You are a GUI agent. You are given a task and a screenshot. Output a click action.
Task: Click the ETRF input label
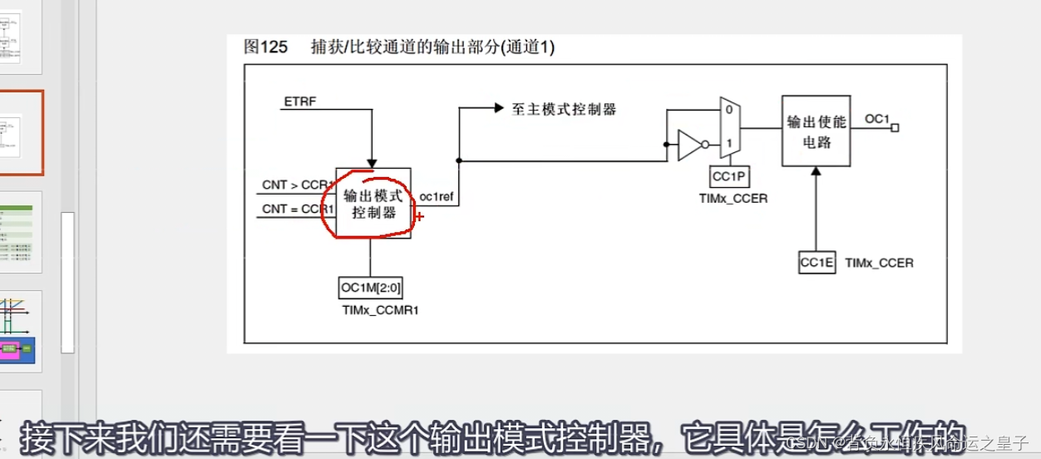pos(299,101)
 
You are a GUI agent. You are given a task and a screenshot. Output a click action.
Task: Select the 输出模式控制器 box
pos(372,203)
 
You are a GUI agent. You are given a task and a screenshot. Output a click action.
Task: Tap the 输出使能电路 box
pos(817,131)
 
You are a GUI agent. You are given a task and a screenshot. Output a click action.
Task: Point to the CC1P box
pos(728,177)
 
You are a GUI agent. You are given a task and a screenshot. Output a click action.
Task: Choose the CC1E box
pos(816,262)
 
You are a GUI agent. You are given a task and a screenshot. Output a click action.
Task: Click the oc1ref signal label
pos(436,196)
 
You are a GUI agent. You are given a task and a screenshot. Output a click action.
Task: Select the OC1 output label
pos(877,119)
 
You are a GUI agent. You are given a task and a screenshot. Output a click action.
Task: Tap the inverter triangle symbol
pos(690,145)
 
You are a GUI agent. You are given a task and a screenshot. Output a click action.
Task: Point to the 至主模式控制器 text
pos(564,109)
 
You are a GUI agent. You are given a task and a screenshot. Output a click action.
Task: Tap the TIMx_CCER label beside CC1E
pos(879,263)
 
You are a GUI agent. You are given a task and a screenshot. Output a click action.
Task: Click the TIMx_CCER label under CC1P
pos(733,198)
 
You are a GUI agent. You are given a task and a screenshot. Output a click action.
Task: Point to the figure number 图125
pos(265,47)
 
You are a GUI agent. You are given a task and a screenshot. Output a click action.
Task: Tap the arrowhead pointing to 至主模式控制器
pos(499,108)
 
